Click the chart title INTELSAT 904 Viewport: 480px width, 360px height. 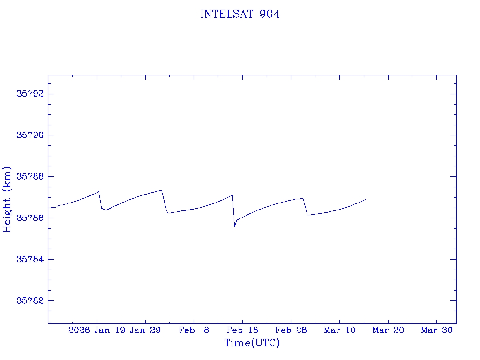tap(240, 15)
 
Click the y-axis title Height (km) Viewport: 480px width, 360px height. tap(7, 199)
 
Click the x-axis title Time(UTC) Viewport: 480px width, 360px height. tap(252, 343)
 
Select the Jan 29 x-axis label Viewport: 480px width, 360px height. tap(145, 330)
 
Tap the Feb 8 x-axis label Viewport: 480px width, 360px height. tap(194, 330)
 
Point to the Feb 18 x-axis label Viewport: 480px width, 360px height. tap(242, 330)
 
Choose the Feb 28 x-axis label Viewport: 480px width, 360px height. tap(291, 330)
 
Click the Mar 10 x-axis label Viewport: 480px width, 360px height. tap(340, 330)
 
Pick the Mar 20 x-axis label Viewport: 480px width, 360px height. tap(388, 330)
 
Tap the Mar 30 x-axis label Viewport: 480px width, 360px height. tap(437, 330)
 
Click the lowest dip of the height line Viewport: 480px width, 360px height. tap(235, 226)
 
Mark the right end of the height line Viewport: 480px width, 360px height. tap(365, 199)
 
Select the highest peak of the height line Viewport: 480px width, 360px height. tap(161, 190)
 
